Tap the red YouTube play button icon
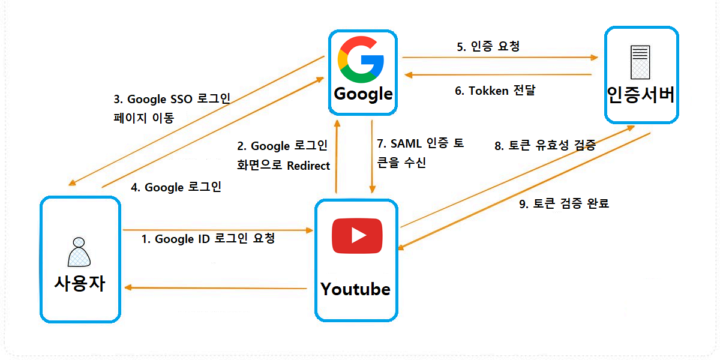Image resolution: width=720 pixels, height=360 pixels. point(357,236)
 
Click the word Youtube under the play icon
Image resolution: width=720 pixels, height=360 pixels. point(355,289)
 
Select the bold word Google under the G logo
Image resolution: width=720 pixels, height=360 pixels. point(363,94)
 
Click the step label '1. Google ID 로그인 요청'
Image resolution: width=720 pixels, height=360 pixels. point(208,239)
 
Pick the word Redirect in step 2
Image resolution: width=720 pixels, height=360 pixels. point(308,165)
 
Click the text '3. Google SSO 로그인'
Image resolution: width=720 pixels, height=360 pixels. point(172,99)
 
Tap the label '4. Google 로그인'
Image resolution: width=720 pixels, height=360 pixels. point(176,187)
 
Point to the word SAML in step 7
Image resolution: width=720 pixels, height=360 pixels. point(407,144)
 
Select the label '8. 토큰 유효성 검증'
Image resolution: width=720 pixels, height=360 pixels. point(544,145)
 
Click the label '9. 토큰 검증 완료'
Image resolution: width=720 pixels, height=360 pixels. point(563,204)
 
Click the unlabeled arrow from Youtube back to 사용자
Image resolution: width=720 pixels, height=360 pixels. point(216,288)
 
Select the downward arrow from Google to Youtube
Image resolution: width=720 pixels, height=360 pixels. point(373,156)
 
